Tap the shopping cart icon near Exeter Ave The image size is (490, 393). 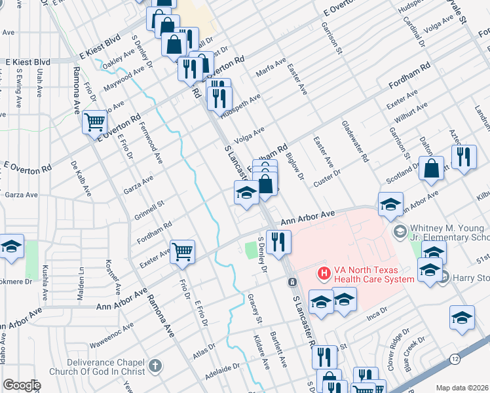pos(182,252)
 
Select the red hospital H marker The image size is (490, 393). pos(322,273)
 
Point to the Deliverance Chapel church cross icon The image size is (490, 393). pos(155,365)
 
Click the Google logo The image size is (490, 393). pos(22,385)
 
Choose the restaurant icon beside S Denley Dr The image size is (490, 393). pos(278,242)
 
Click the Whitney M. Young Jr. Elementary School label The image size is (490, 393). pos(449,233)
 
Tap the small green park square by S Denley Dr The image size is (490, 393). pos(250,249)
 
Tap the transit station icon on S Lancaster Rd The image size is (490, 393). pos(292,282)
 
